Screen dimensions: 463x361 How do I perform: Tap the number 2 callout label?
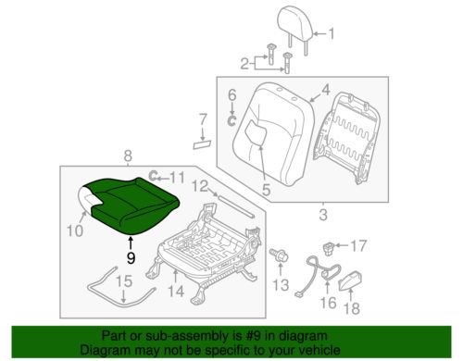245,63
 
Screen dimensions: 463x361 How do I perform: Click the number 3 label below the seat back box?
322,216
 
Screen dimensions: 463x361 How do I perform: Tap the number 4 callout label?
324,90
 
